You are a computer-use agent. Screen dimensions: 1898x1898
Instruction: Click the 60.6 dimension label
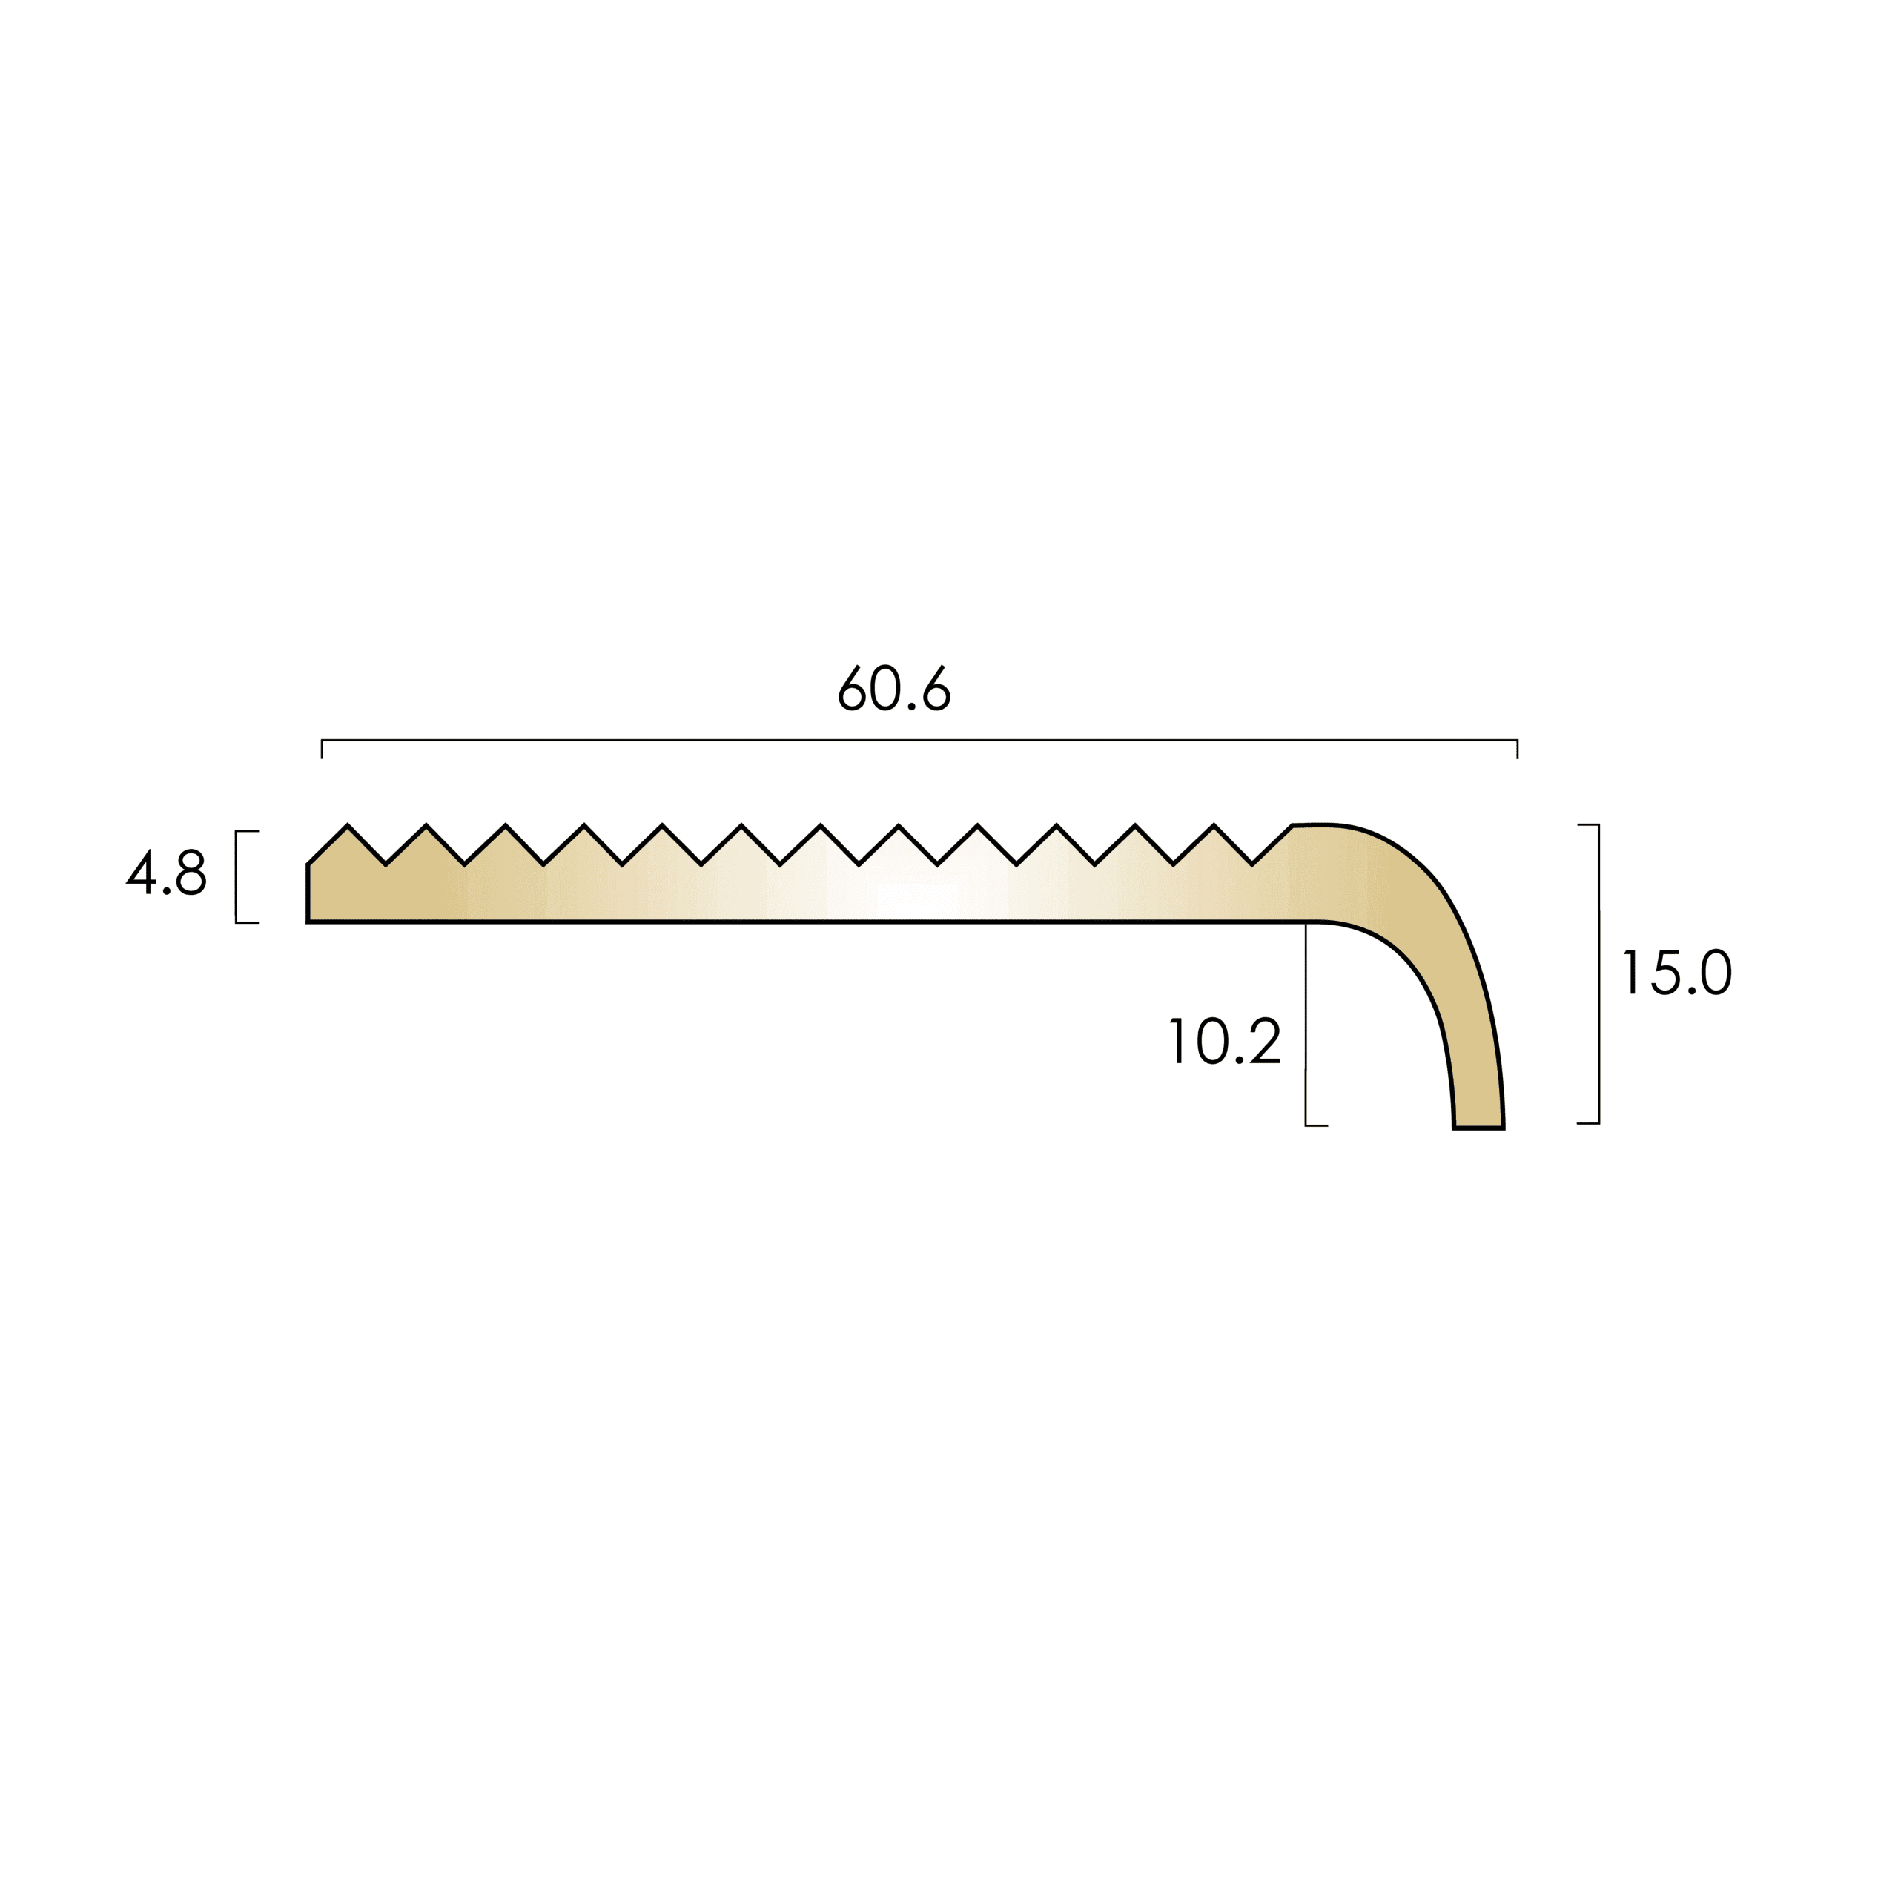click(894, 689)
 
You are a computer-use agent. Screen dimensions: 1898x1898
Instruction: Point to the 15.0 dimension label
click(1677, 973)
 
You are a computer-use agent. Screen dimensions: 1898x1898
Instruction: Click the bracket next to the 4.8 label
click(237, 877)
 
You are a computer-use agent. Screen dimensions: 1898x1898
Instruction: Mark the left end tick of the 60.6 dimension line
click(323, 750)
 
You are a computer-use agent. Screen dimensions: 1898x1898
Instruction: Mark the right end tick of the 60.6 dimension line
click(1518, 750)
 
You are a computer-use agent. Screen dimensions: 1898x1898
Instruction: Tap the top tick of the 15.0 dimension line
click(1589, 825)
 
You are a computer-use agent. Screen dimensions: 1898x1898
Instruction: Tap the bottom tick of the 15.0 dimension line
click(1589, 1123)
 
